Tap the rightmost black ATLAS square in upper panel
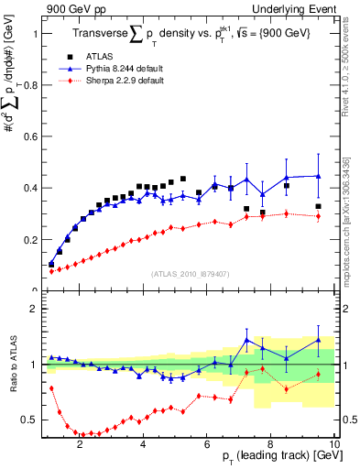point(318,207)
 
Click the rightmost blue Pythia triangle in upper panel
point(318,176)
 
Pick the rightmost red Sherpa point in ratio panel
point(318,374)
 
